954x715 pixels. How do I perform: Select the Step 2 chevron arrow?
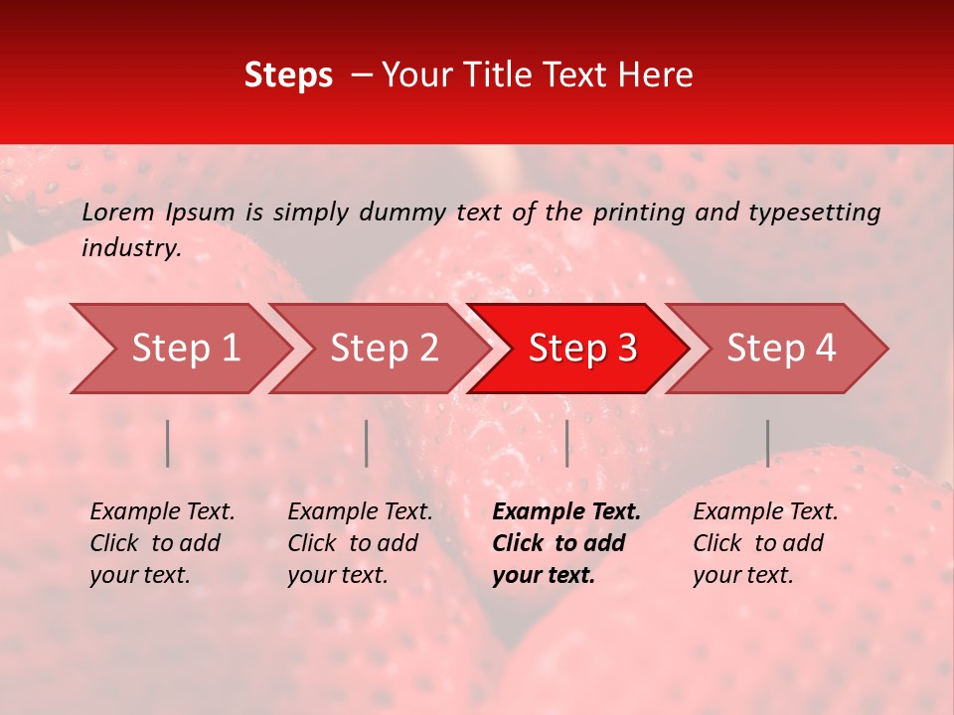(384, 349)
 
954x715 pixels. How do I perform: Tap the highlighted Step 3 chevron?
(582, 349)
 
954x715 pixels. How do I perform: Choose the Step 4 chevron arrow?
(781, 349)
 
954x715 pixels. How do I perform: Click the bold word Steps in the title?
(288, 75)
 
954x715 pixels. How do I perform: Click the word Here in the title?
(655, 75)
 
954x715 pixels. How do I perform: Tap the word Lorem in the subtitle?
(118, 212)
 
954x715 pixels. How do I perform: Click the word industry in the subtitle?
(130, 248)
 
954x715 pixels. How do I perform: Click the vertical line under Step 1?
(168, 443)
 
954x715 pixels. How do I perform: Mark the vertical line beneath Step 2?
(367, 443)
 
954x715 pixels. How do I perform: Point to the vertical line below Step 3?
(567, 443)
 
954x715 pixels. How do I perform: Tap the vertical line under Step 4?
(768, 443)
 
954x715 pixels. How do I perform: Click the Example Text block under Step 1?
(162, 543)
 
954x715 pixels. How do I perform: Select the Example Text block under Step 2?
(360, 543)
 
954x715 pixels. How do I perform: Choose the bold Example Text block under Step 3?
(566, 543)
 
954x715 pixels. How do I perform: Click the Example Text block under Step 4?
(765, 543)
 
